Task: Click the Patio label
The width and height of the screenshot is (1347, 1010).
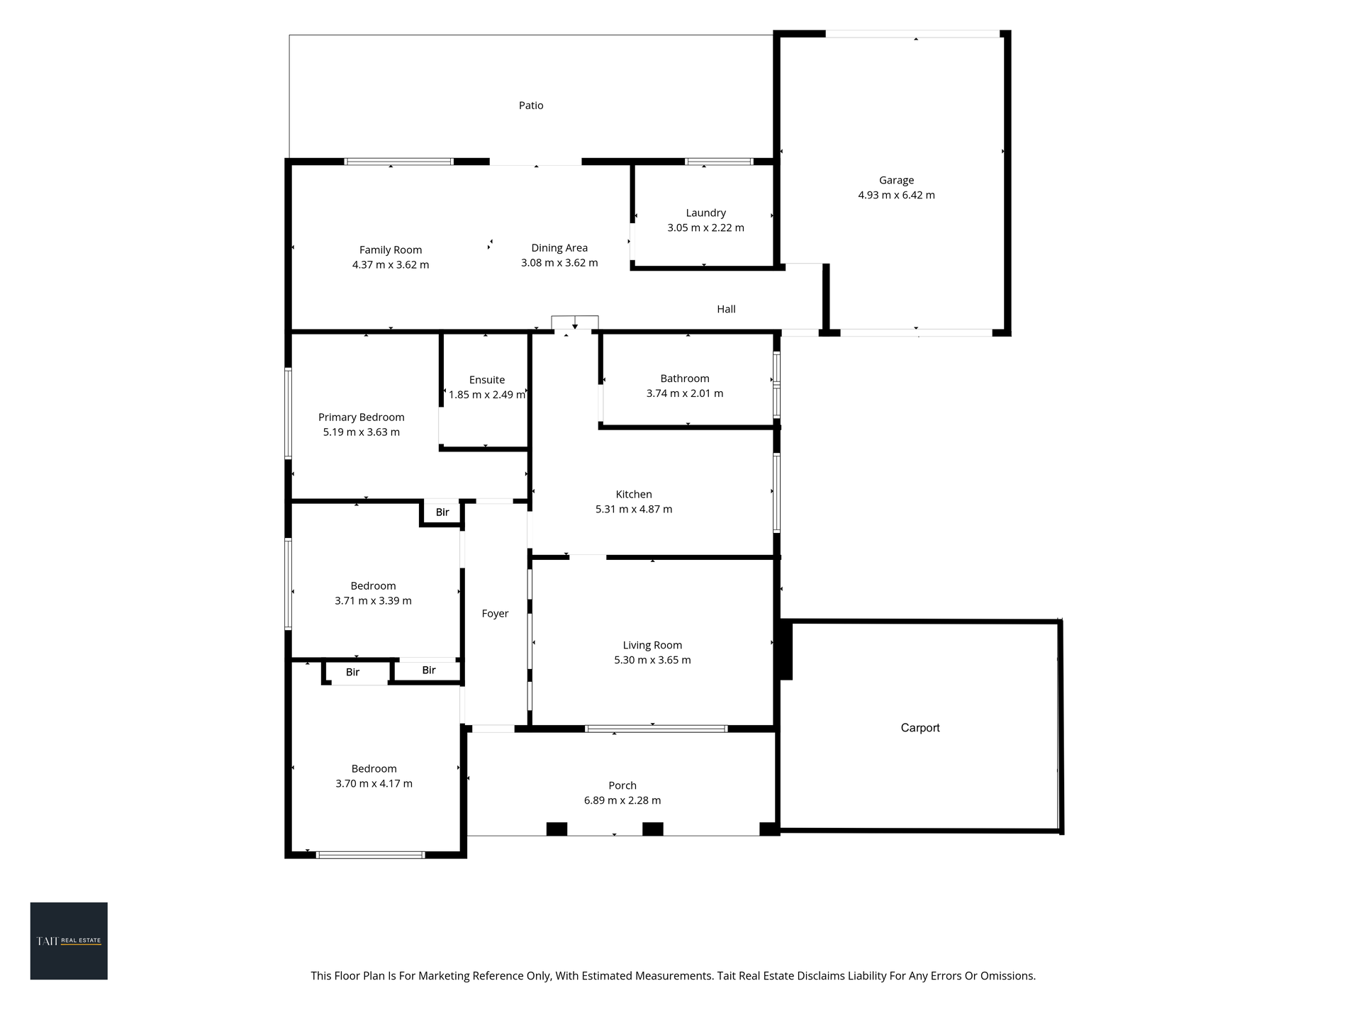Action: pyautogui.click(x=531, y=106)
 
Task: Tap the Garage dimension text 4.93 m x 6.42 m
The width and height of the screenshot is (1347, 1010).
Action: pyautogui.click(x=896, y=195)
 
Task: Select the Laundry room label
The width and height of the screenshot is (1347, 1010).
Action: pyautogui.click(x=705, y=213)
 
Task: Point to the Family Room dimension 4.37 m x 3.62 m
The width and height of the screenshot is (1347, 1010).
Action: pyautogui.click(x=391, y=265)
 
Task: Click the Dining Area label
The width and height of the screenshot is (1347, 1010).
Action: pyautogui.click(x=559, y=248)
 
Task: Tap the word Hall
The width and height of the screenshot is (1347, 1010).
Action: pyautogui.click(x=726, y=309)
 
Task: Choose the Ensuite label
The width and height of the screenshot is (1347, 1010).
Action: pyautogui.click(x=487, y=380)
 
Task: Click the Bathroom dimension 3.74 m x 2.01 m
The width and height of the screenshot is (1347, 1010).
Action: pyautogui.click(x=685, y=393)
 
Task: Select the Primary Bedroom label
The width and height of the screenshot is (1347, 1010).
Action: pyautogui.click(x=362, y=417)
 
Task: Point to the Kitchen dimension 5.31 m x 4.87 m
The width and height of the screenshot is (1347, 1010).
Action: pyautogui.click(x=634, y=509)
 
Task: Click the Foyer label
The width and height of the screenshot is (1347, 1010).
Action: pyautogui.click(x=495, y=614)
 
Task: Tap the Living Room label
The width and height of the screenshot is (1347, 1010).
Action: pyautogui.click(x=652, y=645)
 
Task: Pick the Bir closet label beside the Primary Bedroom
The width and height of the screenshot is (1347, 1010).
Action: pyautogui.click(x=442, y=512)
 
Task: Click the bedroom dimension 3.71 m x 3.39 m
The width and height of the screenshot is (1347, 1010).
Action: pyautogui.click(x=373, y=601)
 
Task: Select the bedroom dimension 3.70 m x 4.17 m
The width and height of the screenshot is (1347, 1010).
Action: pyautogui.click(x=374, y=784)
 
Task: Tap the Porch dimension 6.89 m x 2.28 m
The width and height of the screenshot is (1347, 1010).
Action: pyautogui.click(x=622, y=800)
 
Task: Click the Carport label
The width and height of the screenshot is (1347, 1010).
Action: pyautogui.click(x=920, y=728)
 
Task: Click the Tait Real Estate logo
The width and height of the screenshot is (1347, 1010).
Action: pyautogui.click(x=69, y=941)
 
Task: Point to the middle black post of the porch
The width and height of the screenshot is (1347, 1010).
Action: pyautogui.click(x=653, y=829)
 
